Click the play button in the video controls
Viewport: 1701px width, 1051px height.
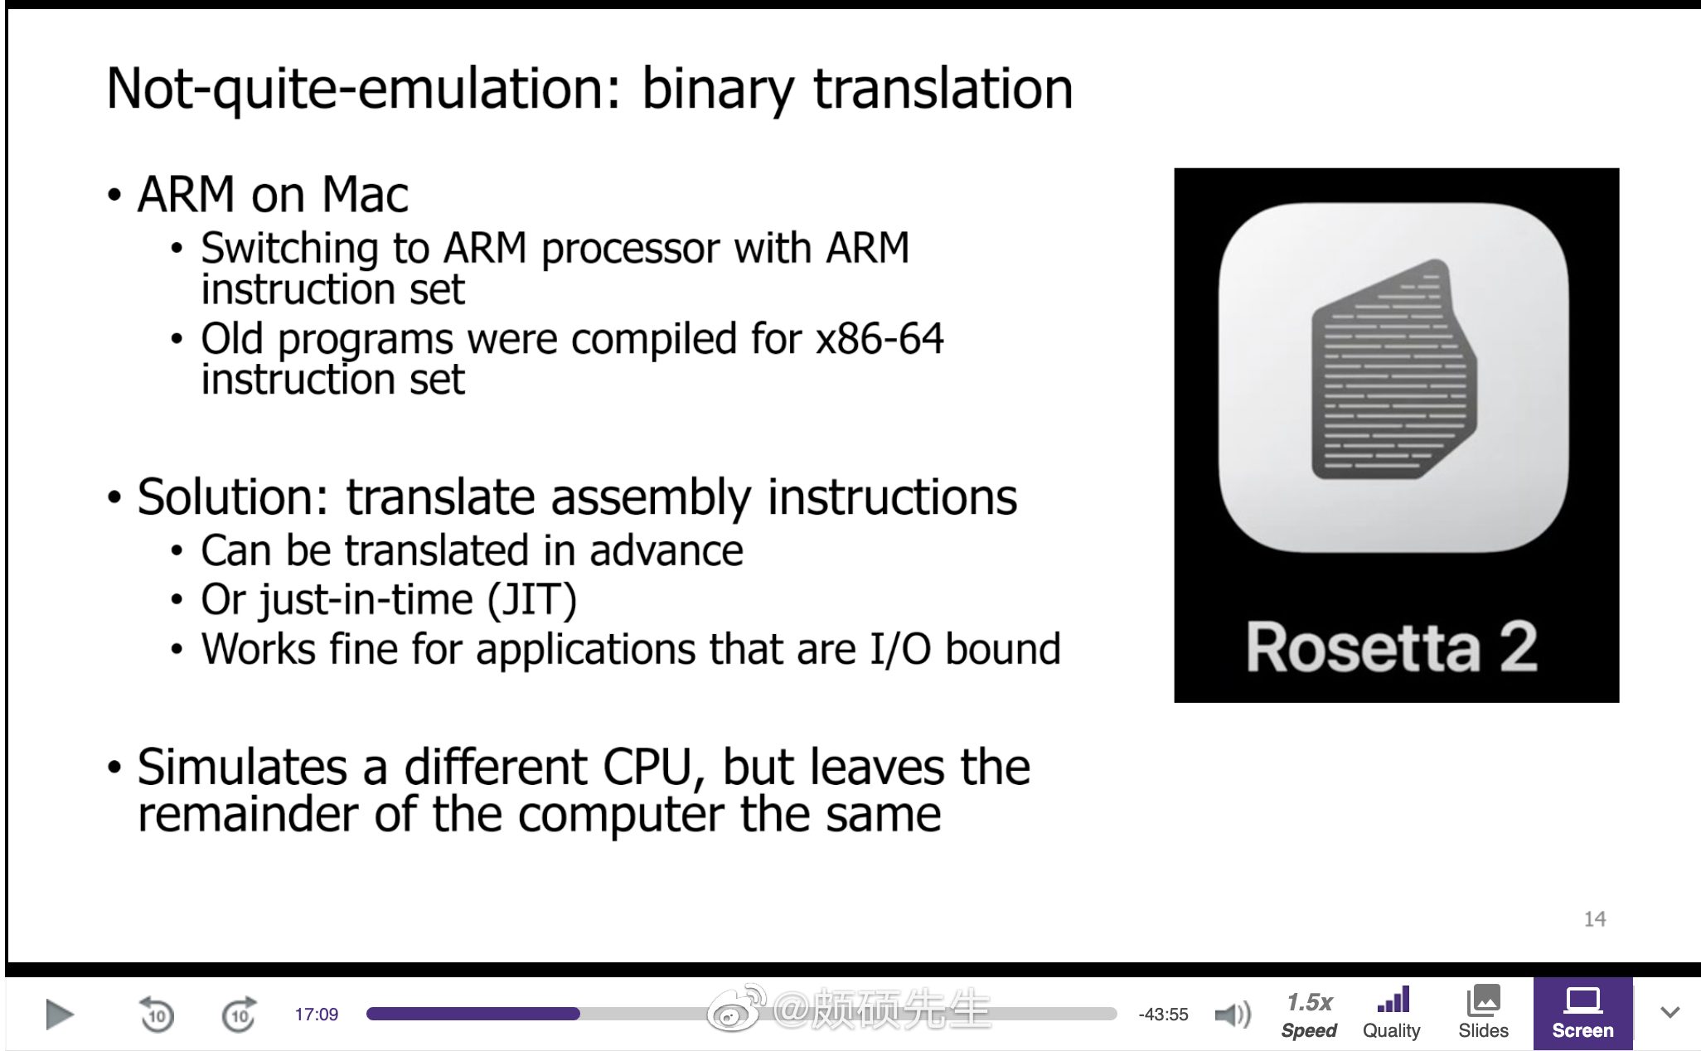click(59, 1015)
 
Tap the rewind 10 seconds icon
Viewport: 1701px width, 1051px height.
click(156, 1014)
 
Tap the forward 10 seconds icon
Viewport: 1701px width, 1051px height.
click(240, 1014)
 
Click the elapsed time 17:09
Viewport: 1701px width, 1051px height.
click(317, 1015)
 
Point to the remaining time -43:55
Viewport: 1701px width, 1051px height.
click(1163, 1015)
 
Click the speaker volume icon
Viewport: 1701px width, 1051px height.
click(1233, 1015)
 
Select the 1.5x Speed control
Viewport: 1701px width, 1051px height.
click(1309, 1015)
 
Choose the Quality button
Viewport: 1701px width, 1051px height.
click(1392, 1014)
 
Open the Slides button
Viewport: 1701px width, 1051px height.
click(1483, 1014)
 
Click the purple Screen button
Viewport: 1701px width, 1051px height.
click(1582, 1014)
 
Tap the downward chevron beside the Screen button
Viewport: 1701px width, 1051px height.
click(1670, 1013)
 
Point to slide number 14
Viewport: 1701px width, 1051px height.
click(1595, 918)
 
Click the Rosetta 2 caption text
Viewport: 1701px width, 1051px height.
click(1392, 647)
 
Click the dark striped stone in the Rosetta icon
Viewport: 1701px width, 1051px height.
click(1393, 370)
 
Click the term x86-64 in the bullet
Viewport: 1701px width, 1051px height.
click(880, 339)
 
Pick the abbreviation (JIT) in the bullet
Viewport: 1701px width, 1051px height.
click(531, 600)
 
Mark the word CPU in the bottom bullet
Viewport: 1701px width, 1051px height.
click(647, 767)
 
